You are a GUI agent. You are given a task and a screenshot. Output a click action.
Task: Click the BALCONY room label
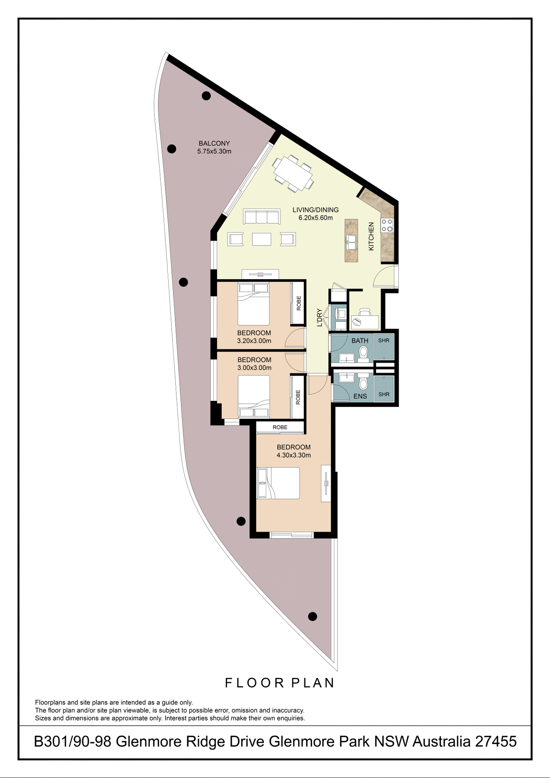(x=214, y=143)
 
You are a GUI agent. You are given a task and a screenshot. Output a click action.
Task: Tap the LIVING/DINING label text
(x=315, y=210)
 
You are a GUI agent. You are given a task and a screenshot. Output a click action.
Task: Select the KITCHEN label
(x=371, y=236)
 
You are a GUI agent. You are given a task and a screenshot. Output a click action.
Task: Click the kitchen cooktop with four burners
(x=387, y=225)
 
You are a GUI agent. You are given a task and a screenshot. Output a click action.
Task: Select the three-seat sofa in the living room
(x=261, y=216)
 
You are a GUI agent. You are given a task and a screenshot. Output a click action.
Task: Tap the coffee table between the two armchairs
(x=261, y=239)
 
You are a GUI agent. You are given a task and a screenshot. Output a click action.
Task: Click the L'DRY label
(x=319, y=317)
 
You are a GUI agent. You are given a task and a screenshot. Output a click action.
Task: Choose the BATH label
(x=360, y=341)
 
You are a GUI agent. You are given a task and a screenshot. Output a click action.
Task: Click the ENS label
(x=360, y=396)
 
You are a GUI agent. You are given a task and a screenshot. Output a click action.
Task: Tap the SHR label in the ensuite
(x=384, y=394)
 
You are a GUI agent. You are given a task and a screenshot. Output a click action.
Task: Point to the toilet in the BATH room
(x=364, y=353)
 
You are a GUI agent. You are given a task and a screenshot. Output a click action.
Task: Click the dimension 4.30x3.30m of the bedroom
(x=293, y=455)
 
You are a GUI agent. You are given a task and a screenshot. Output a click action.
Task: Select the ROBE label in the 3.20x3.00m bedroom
(x=299, y=303)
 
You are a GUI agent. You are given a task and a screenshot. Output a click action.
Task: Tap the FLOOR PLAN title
(x=280, y=683)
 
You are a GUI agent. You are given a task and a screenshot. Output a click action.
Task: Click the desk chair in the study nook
(x=365, y=312)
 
